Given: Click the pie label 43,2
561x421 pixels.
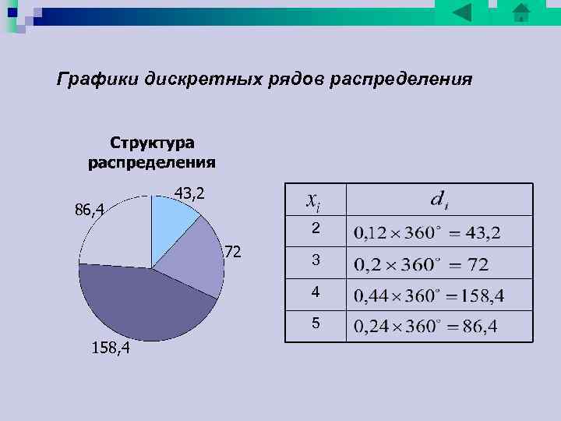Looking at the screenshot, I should [189, 193].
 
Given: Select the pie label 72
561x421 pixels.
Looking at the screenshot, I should [232, 252].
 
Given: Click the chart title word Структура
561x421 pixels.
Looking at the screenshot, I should [152, 143].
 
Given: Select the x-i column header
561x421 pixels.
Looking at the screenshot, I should [313, 200].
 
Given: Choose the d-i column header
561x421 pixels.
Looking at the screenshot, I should [439, 200].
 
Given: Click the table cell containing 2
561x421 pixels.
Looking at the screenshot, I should [315, 228].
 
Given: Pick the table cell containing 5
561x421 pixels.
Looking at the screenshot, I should [315, 324].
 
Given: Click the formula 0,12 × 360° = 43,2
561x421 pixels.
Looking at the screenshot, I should [428, 233].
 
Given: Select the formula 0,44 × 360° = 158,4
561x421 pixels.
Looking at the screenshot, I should [429, 295].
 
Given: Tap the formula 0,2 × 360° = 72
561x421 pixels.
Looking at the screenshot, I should [422, 264].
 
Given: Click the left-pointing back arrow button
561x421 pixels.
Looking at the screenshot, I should [462, 12].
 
